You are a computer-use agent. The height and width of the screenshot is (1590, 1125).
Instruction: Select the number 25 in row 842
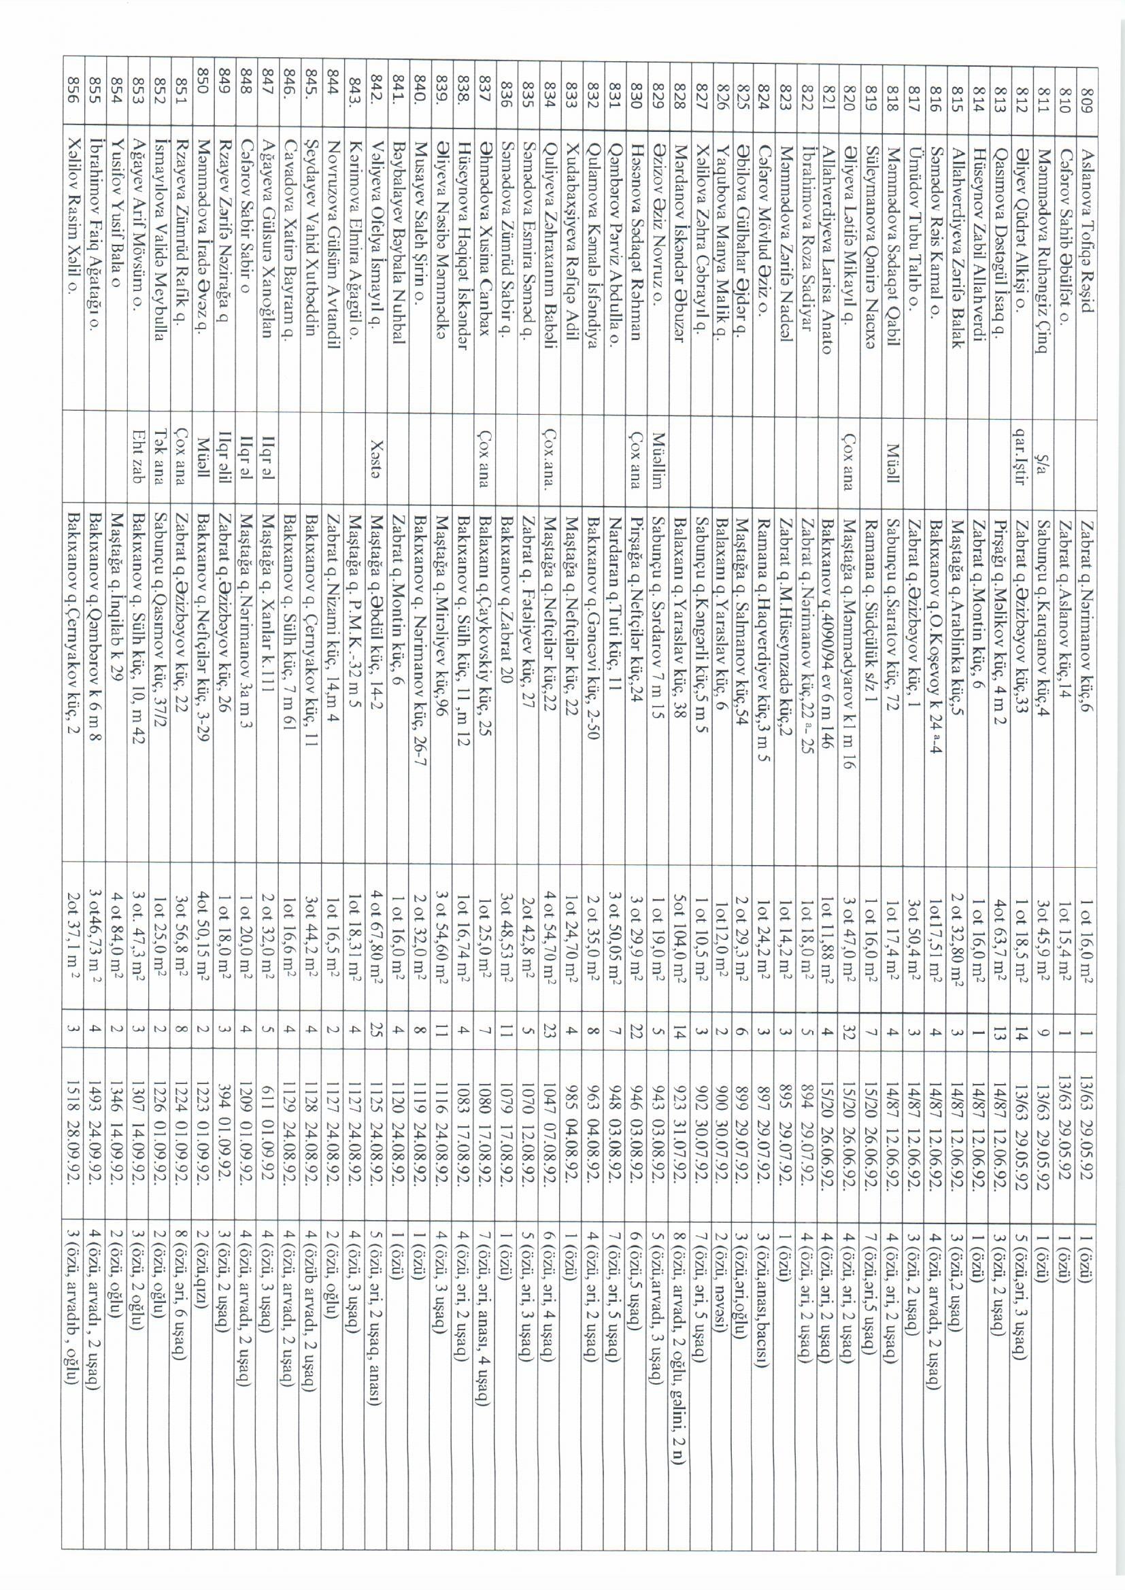point(377,1032)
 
